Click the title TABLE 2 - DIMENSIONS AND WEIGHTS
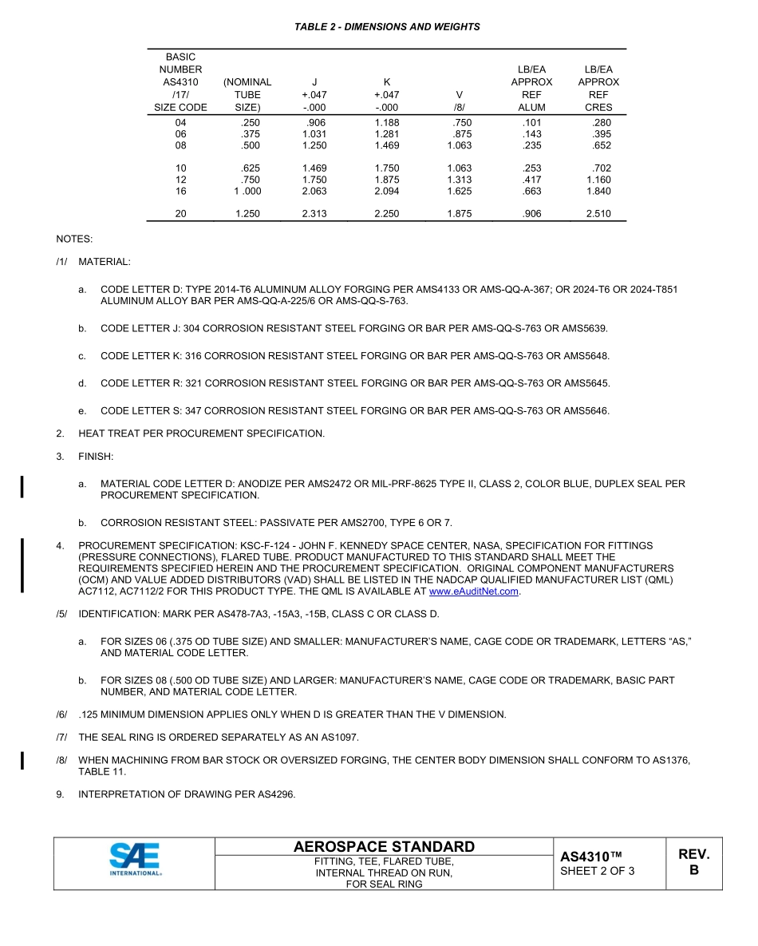[387, 26]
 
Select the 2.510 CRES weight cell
[598, 214]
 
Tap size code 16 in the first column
[180, 192]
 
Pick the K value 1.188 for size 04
[387, 123]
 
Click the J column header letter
[314, 81]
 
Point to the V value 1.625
[459, 192]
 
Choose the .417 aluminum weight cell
[531, 180]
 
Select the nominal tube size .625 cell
[250, 168]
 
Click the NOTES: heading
[74, 239]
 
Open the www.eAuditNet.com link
[474, 592]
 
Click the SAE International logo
[135, 861]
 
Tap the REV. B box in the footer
[693, 862]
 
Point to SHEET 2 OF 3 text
[598, 871]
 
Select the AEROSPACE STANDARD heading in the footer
[384, 846]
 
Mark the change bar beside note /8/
[22, 760]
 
